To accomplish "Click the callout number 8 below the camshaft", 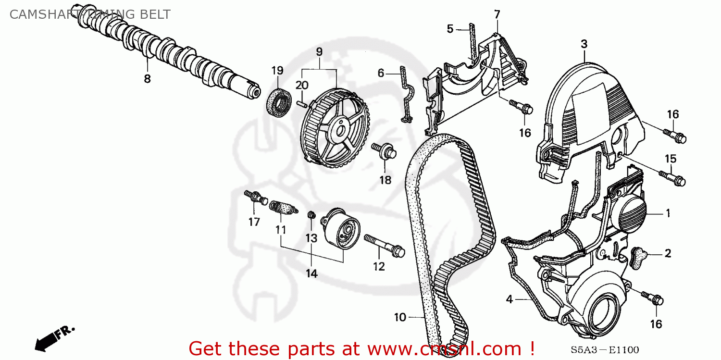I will (147, 79).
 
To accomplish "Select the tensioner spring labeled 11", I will (281, 208).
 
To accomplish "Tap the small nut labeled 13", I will (311, 214).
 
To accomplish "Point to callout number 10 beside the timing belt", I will (400, 317).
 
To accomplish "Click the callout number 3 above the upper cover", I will (584, 44).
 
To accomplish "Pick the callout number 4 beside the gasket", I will (510, 300).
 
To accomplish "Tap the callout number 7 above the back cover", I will (497, 14).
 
